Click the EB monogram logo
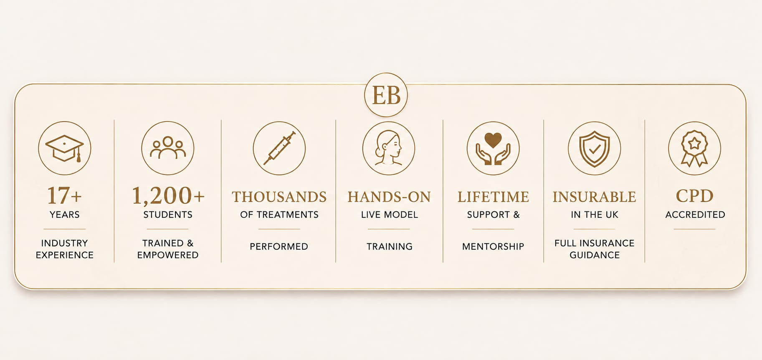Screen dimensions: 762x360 [386, 95]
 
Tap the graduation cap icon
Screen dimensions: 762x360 [65, 148]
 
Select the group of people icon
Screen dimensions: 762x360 [168, 148]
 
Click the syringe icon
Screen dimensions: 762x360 [279, 148]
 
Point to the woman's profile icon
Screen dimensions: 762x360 [388, 148]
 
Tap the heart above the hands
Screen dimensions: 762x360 [493, 140]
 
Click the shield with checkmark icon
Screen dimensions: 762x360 [595, 149]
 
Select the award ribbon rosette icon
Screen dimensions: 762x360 [694, 149]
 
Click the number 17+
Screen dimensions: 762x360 [64, 195]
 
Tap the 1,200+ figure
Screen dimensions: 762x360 [168, 195]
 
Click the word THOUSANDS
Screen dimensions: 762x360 [279, 197]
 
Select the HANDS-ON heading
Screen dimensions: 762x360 [389, 197]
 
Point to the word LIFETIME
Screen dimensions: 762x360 [493, 197]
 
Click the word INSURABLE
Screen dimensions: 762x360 [595, 197]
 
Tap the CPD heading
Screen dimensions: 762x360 [695, 196]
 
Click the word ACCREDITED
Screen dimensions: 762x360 [695, 215]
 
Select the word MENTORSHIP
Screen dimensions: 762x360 [493, 246]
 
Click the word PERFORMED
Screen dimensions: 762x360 [279, 246]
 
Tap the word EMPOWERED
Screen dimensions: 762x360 [168, 255]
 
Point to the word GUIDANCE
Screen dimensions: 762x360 [595, 255]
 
